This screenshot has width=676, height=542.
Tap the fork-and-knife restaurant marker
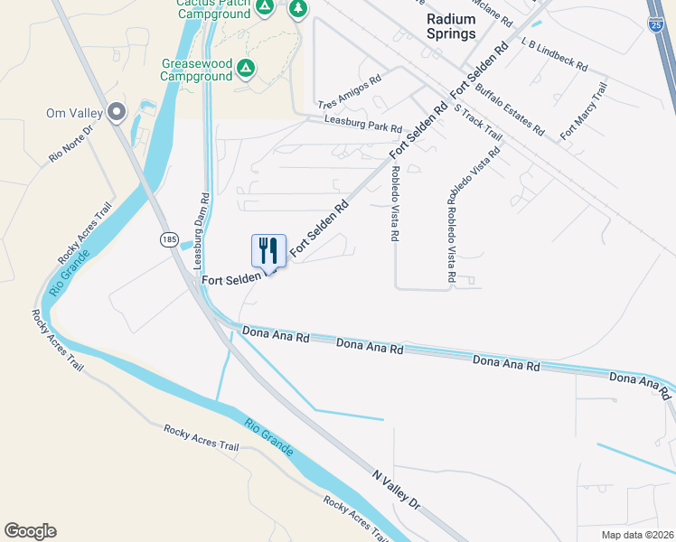pyautogui.click(x=268, y=249)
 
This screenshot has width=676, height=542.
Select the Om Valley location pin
pyautogui.click(x=117, y=113)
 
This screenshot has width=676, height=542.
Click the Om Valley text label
pyautogui.click(x=70, y=113)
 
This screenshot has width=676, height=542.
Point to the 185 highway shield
pyautogui.click(x=169, y=238)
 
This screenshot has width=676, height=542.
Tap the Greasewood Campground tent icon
pyautogui.click(x=246, y=69)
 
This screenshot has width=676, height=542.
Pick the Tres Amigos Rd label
pyautogui.click(x=349, y=90)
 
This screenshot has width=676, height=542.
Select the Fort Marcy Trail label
pyautogui.click(x=583, y=111)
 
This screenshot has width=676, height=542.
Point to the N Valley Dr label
pyautogui.click(x=397, y=488)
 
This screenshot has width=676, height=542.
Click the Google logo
pyautogui.click(x=30, y=531)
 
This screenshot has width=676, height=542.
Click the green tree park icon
pyautogui.click(x=297, y=9)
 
